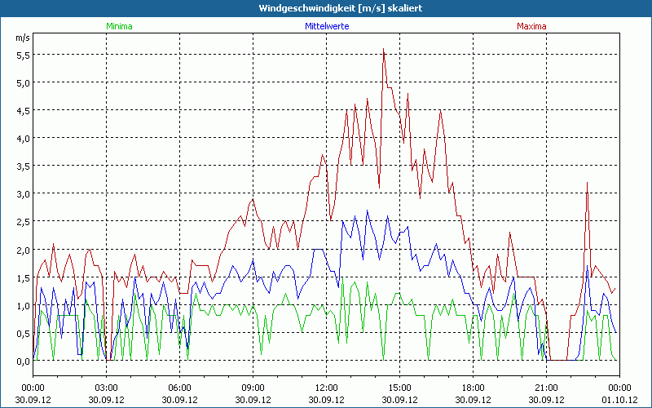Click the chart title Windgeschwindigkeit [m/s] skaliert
pos(325,7)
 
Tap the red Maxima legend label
pos(531,26)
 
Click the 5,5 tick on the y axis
pos(23,55)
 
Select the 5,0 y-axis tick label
pos(23,82)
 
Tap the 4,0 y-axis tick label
pos(23,138)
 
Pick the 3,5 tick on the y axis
pos(23,166)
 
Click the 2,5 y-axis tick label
pos(23,221)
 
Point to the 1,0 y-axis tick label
pos(23,305)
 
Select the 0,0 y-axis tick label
pos(23,361)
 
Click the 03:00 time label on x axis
pos(107,388)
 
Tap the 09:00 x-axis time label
pos(253,388)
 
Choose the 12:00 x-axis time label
pos(326,388)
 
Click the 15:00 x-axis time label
pos(399,388)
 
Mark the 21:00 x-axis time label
pos(546,388)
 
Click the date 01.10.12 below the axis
pos(619,400)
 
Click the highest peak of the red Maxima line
pos(383,49)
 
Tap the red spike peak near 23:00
pos(587,183)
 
